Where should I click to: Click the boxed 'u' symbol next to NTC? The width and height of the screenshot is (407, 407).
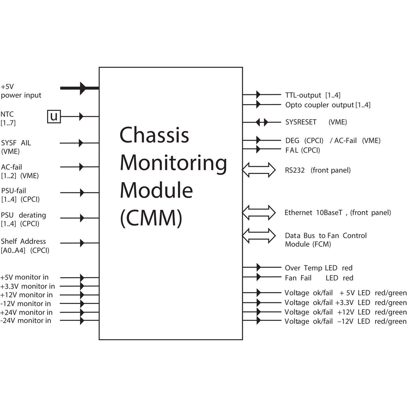point(54,116)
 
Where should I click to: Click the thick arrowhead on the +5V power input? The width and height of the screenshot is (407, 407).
point(82,88)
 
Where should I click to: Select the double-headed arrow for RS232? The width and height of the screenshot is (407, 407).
point(259,170)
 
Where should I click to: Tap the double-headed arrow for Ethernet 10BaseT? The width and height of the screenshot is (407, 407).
point(259,213)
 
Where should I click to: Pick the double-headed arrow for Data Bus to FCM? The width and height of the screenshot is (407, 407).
point(259,236)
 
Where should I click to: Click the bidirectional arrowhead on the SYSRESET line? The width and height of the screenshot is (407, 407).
point(261,122)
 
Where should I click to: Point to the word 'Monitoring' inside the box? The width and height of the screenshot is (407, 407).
point(173,163)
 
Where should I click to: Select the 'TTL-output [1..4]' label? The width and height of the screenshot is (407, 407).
point(313,95)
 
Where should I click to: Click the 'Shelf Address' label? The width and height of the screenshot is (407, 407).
point(23,241)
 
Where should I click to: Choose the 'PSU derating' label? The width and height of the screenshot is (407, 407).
point(23,215)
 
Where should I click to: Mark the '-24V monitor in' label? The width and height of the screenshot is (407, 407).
point(26,321)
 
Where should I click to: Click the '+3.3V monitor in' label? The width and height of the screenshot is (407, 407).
point(27,286)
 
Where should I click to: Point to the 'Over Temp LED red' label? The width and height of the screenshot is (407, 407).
point(318,268)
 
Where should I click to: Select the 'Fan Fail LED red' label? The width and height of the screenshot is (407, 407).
point(319,278)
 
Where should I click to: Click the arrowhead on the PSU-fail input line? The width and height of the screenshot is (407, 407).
point(81,193)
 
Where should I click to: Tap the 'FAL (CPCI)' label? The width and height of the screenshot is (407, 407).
point(303,150)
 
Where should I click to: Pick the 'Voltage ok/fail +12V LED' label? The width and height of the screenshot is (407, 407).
point(345,312)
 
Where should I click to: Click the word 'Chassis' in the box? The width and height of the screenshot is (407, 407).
point(154,135)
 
